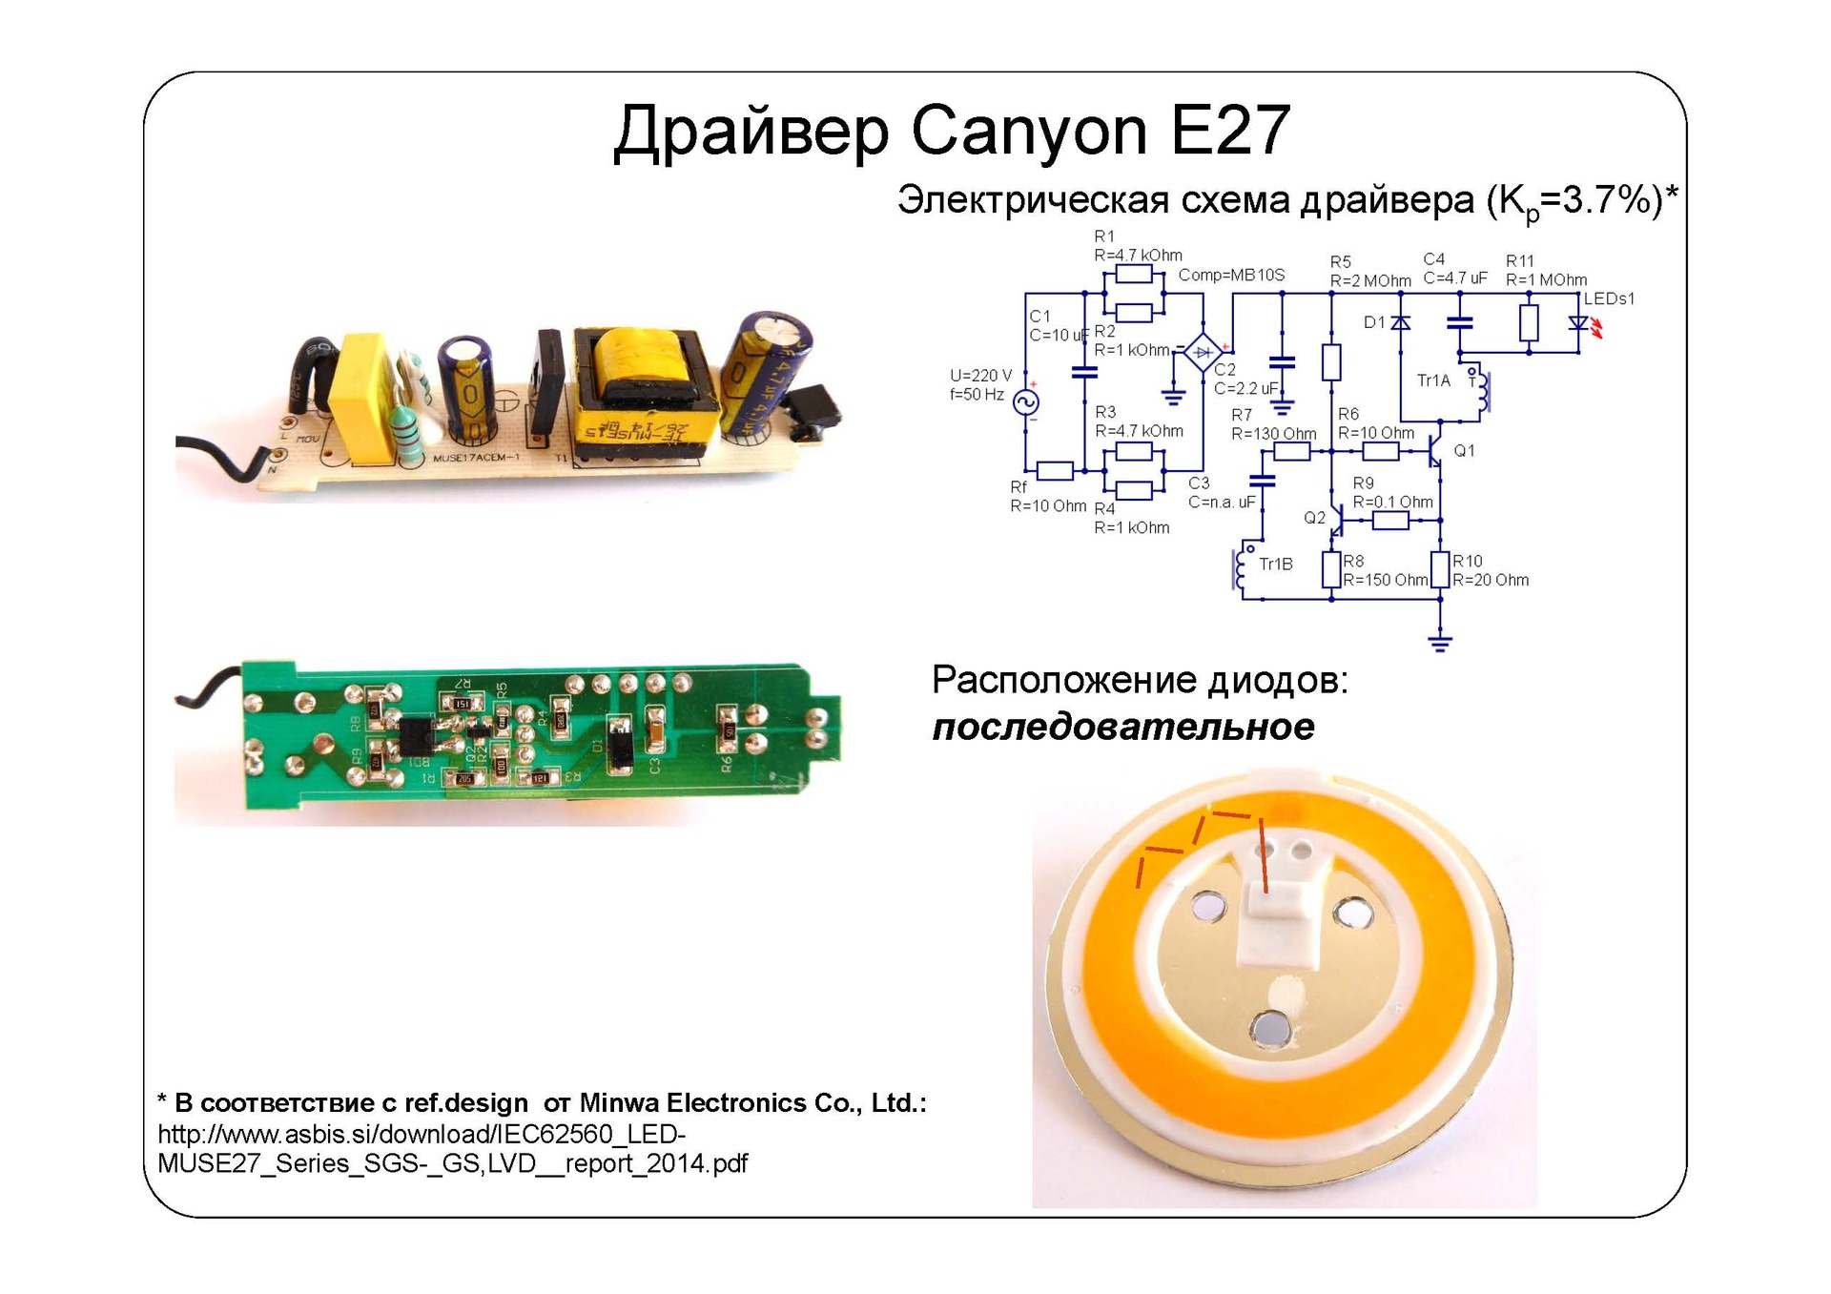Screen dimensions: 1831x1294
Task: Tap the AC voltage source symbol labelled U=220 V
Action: click(1027, 402)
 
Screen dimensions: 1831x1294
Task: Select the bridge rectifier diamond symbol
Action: click(1203, 352)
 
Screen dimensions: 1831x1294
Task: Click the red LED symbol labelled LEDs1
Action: click(1579, 324)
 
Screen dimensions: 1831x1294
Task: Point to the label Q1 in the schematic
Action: click(1464, 450)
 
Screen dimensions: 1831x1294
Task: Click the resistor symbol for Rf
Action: click(1055, 470)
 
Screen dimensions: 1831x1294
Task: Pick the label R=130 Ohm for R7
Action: click(1273, 434)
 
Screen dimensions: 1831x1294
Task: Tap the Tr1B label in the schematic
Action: click(1275, 565)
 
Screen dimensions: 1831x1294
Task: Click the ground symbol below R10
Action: click(1440, 642)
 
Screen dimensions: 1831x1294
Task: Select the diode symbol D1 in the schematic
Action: click(1400, 323)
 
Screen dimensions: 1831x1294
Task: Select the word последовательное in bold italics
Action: click(1122, 727)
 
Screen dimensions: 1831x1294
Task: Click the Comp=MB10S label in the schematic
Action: click(1231, 275)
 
